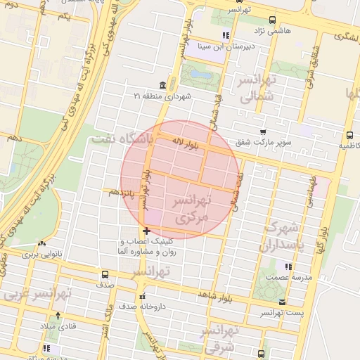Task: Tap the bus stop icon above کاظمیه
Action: [x=349, y=135]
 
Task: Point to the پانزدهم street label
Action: [x=122, y=192]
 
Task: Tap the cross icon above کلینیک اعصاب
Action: [x=146, y=231]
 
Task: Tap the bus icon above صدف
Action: [x=104, y=275]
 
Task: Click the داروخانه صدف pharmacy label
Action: [x=140, y=307]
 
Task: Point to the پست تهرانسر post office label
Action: [x=281, y=312]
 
